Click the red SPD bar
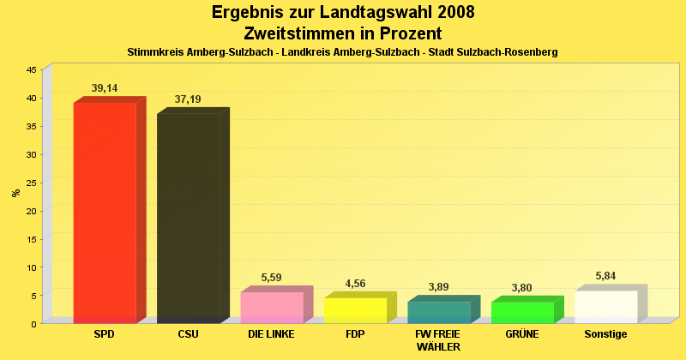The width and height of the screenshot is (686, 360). (105, 212)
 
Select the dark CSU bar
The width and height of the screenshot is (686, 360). (188, 218)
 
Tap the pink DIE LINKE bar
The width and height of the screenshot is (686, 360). (271, 307)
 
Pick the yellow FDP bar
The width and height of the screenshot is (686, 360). (355, 309)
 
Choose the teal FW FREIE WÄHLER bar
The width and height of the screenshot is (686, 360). (438, 312)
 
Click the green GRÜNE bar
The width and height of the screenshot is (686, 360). (522, 312)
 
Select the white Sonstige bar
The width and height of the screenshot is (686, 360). (606, 306)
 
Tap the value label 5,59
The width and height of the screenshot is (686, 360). (271, 277)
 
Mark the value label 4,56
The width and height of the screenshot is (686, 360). (355, 283)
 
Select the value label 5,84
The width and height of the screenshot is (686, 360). (606, 276)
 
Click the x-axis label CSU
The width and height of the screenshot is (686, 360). (188, 334)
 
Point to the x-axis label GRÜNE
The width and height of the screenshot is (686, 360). (522, 334)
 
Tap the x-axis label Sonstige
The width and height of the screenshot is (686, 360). (606, 334)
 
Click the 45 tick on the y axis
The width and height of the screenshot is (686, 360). (31, 69)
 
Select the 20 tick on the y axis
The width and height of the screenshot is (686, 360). (31, 211)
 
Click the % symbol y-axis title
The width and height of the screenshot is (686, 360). (15, 193)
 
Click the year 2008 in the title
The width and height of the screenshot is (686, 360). (442, 13)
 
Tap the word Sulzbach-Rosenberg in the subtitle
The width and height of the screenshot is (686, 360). (508, 52)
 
